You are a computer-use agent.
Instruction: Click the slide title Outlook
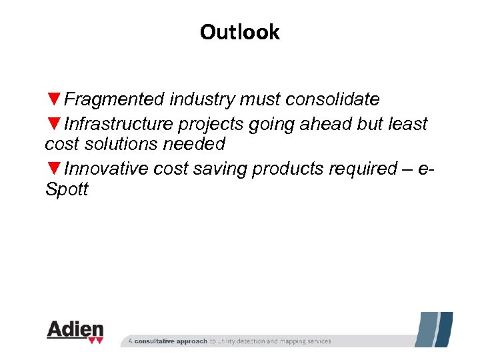(x=239, y=32)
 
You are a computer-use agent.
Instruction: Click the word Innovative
(x=107, y=169)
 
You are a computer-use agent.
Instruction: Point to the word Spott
(x=66, y=189)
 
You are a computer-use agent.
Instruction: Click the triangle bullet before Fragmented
(x=54, y=100)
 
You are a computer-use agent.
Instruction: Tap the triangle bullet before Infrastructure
(x=54, y=125)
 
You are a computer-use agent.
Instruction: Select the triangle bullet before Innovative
(x=54, y=169)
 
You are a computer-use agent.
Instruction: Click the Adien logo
(x=75, y=331)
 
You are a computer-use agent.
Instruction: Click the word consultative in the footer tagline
(x=162, y=341)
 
